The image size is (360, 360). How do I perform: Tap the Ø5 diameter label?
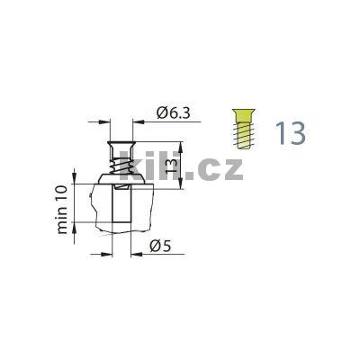[x=160, y=246]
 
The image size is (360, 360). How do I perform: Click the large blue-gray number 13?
[x=291, y=132]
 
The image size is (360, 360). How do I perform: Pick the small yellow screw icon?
[x=241, y=130]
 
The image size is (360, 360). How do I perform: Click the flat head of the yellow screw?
[x=241, y=116]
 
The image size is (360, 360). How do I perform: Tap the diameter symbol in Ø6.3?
[x=161, y=112]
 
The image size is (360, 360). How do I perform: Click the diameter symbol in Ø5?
[x=155, y=246]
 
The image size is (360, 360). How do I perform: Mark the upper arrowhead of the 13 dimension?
[x=183, y=145]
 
